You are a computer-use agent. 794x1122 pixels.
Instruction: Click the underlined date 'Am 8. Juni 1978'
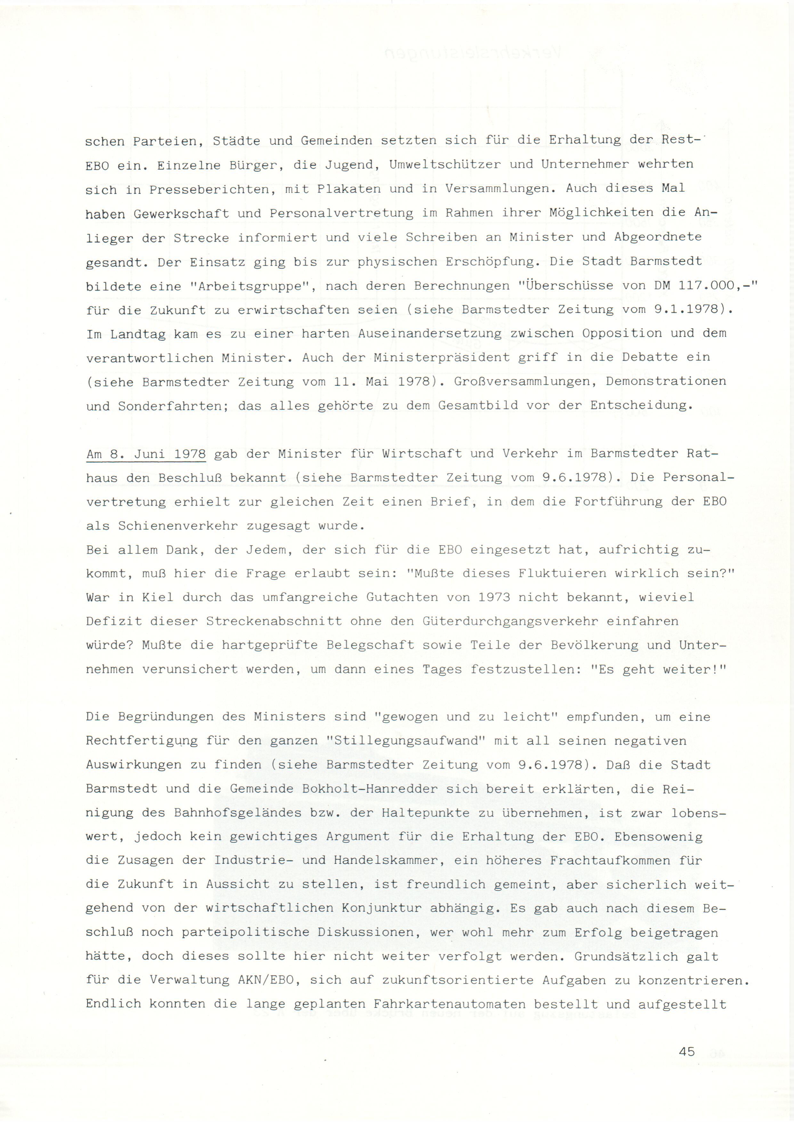146,454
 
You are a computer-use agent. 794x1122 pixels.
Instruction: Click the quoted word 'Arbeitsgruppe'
252,286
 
